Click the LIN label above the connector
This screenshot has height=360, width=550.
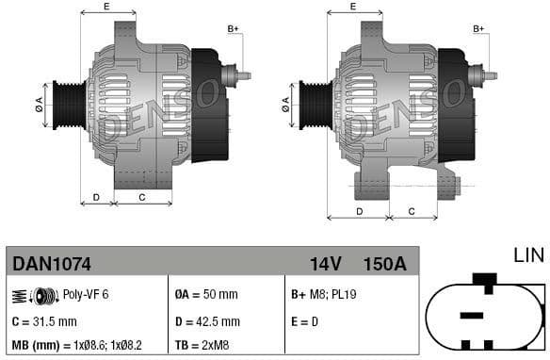point(527,254)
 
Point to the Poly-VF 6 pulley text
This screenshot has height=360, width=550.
point(85,295)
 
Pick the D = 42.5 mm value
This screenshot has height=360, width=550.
point(208,321)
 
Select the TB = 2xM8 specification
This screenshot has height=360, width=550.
point(204,346)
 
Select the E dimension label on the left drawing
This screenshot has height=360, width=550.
point(105,7)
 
